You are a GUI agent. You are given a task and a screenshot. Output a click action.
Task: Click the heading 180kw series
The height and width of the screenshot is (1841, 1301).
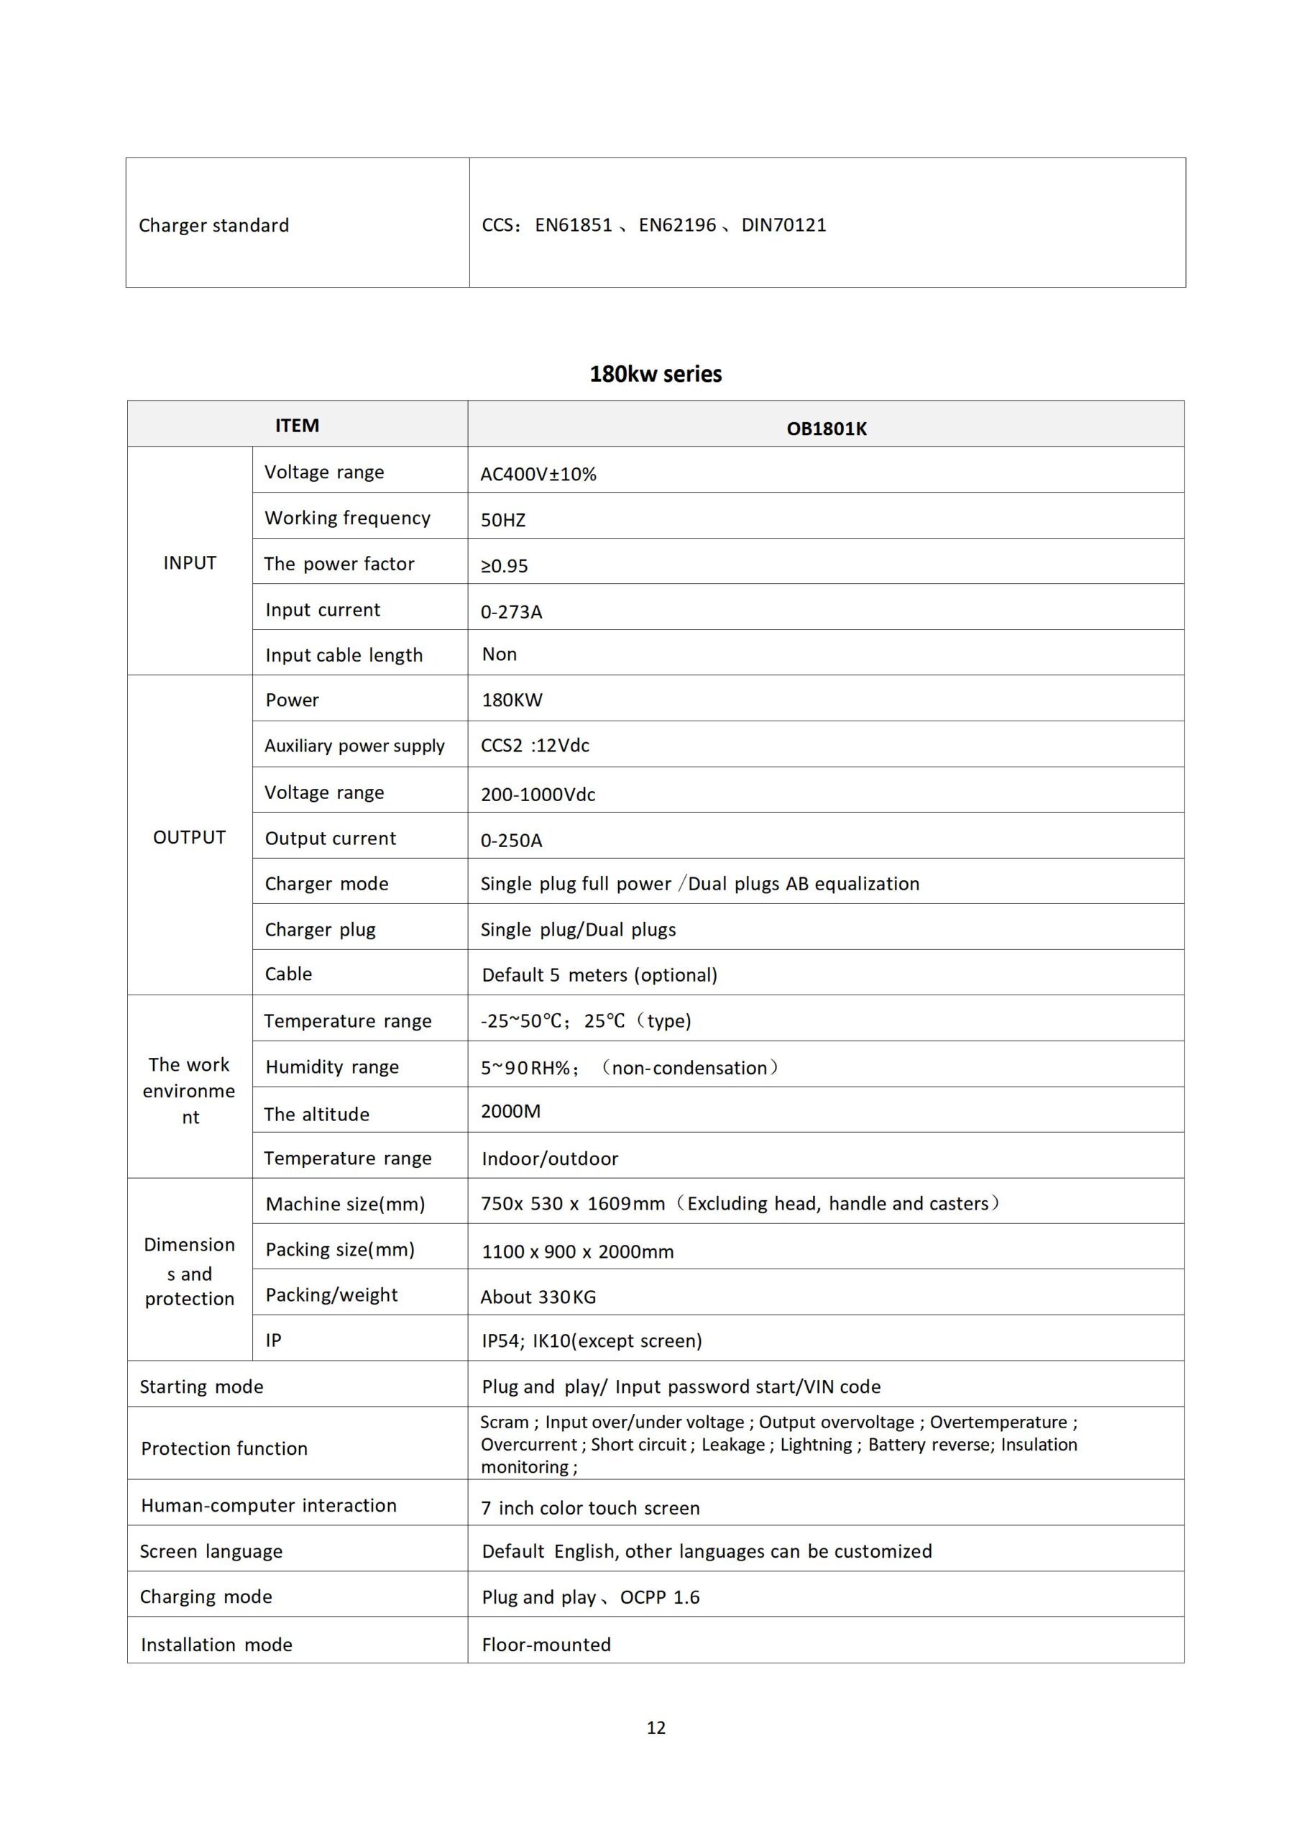(x=655, y=375)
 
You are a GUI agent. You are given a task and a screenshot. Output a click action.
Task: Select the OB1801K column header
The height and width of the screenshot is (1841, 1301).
(x=826, y=429)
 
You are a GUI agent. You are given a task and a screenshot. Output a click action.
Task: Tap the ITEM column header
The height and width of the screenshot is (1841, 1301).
(x=297, y=426)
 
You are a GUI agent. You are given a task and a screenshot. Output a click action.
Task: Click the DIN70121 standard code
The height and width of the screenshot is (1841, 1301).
(x=783, y=225)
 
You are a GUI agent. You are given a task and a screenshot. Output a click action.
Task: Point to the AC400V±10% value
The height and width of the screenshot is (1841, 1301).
(x=538, y=475)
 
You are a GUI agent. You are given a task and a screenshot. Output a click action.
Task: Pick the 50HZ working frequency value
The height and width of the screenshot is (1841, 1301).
(x=502, y=521)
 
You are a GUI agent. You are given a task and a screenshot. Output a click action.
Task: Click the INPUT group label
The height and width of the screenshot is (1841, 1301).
(x=189, y=563)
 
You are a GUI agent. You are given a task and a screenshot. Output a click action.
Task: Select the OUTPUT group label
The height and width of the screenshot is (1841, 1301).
(x=189, y=838)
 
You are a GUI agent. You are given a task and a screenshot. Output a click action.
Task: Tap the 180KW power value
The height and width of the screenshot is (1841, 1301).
(x=512, y=700)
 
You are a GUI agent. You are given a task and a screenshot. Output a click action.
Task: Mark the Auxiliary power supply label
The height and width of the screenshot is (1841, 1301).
(x=354, y=746)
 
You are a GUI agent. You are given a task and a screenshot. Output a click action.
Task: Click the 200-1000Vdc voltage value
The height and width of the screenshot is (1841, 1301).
(x=538, y=795)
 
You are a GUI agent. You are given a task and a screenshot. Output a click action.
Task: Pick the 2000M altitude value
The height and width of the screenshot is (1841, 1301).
(x=510, y=1111)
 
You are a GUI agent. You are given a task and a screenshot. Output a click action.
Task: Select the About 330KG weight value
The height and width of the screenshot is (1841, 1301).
(x=538, y=1297)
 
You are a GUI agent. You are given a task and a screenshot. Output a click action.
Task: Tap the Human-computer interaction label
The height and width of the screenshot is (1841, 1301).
(x=269, y=1506)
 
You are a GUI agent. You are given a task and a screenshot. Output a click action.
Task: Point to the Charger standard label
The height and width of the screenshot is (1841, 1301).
(x=213, y=226)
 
